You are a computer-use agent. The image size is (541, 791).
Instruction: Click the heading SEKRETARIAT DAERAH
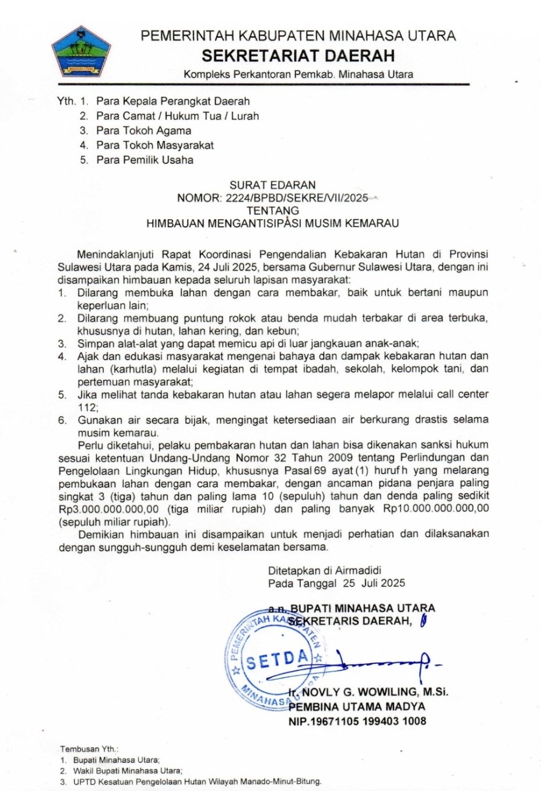298,55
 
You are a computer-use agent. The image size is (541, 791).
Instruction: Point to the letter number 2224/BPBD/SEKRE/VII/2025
296,198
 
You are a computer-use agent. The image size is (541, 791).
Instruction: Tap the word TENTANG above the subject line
273,210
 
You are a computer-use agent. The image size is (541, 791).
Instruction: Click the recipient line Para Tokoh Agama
143,131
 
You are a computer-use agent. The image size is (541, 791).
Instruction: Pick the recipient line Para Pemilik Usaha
145,160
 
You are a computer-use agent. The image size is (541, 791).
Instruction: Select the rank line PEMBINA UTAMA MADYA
357,706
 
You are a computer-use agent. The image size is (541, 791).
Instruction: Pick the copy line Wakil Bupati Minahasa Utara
127,771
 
